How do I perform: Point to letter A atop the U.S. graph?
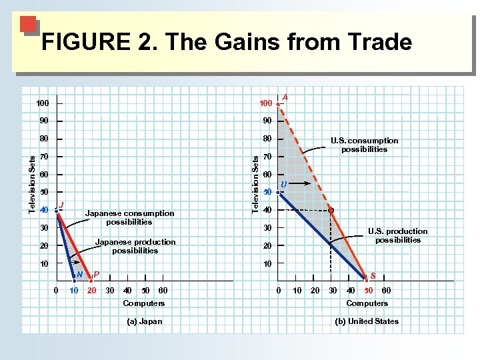[285, 97]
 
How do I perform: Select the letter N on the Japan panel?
[79, 274]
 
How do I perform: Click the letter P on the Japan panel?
[97, 274]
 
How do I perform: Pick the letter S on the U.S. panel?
[372, 275]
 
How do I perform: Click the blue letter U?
[284, 184]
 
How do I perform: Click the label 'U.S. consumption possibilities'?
[364, 145]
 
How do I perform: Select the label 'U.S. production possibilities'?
[397, 235]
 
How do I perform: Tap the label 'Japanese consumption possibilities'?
[129, 217]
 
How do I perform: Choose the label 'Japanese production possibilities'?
[135, 246]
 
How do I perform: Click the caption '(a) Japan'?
[144, 321]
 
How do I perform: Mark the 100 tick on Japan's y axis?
[43, 103]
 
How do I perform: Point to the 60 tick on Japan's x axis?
[163, 291]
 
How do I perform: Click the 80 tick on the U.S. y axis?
[267, 139]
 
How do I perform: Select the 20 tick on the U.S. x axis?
[315, 291]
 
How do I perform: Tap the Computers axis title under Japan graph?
[144, 303]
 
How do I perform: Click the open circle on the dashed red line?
[331, 210]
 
